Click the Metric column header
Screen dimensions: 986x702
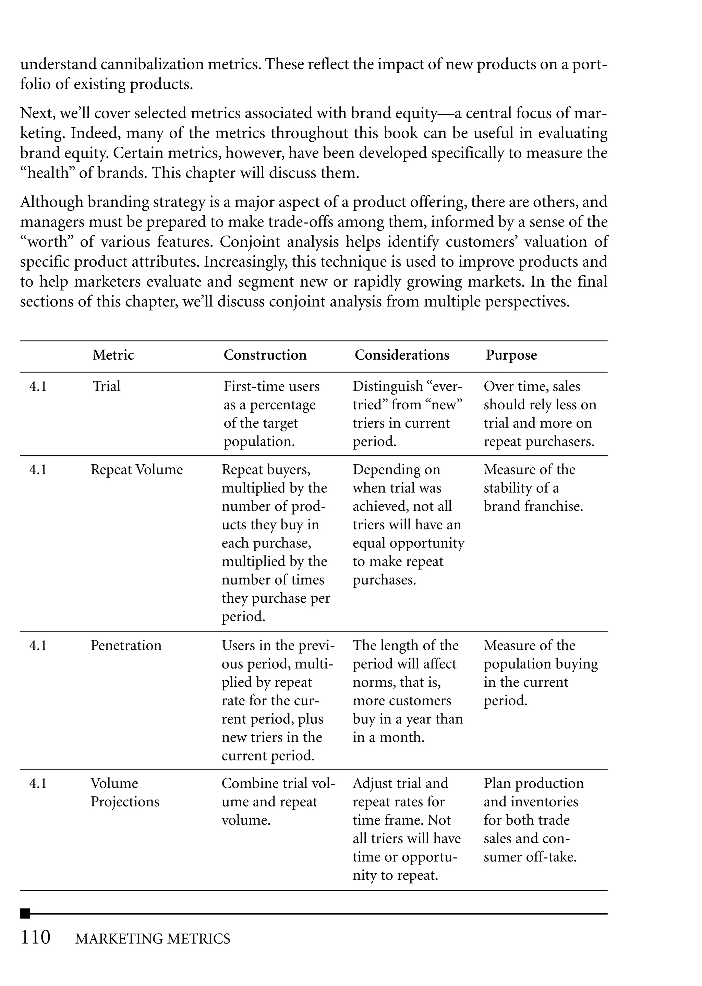tap(113, 355)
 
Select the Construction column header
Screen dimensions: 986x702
tap(265, 355)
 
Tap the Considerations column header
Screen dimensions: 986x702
tap(402, 355)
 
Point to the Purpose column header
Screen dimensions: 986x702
tap(511, 355)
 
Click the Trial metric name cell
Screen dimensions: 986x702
tap(106, 386)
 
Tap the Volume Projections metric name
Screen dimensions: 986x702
tap(124, 793)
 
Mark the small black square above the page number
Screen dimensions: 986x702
tap(25, 913)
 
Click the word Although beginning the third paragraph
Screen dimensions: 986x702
tap(51, 202)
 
